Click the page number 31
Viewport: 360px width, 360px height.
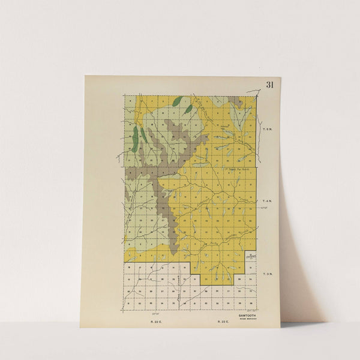tap(269, 85)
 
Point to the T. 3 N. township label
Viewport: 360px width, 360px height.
tap(268, 274)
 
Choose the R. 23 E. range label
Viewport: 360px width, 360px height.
tap(223, 322)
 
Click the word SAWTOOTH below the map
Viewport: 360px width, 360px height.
tap(247, 314)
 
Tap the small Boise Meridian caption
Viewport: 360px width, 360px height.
tap(247, 319)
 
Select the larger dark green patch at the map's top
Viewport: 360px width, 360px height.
tap(177, 101)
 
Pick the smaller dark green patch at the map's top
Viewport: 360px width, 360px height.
tap(189, 109)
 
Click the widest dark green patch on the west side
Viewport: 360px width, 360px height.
tap(135, 138)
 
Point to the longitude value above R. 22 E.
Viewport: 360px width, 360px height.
tap(157, 313)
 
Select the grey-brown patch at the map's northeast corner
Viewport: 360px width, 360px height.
tap(236, 101)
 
